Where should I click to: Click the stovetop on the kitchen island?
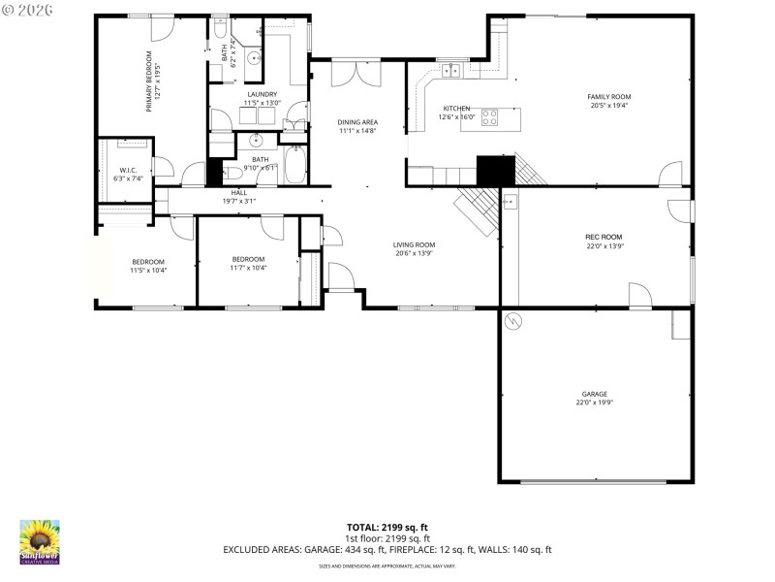[490, 119]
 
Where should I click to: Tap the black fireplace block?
[496, 171]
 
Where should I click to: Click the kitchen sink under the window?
[450, 70]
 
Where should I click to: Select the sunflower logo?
[40, 540]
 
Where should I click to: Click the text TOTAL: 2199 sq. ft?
[387, 527]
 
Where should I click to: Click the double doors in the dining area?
[350, 74]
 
